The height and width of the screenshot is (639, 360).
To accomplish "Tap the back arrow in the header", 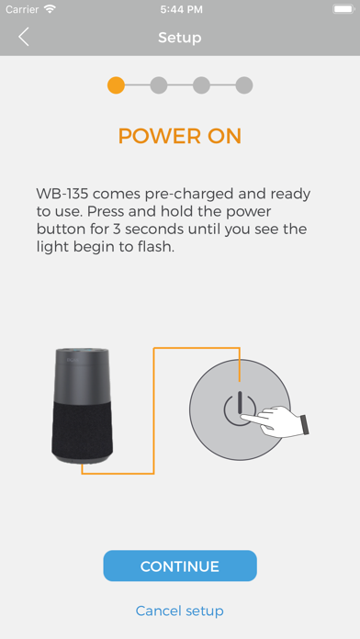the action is tap(24, 37).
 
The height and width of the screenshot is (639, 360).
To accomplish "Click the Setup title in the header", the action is tap(180, 38).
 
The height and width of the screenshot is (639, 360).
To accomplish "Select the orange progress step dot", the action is tap(116, 85).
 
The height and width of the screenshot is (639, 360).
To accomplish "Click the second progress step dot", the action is tap(159, 85).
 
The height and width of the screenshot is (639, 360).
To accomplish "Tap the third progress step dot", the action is tap(201, 85).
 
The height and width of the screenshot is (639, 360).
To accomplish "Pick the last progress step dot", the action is tap(244, 85).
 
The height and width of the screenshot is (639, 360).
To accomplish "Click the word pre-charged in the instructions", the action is tap(189, 194).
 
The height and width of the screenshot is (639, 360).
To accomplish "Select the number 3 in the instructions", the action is tap(117, 229).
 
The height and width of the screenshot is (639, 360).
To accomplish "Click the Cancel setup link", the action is tap(180, 611).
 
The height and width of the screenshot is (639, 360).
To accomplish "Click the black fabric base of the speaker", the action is tap(83, 431).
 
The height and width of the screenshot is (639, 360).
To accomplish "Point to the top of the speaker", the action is tap(83, 352).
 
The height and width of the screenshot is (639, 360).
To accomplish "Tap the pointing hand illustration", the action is tap(276, 421).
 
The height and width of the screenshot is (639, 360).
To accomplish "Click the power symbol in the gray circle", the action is tap(240, 409).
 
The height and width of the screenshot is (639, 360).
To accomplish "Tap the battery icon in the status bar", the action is tap(343, 9).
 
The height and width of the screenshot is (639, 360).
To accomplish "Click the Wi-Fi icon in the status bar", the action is tap(50, 9).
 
